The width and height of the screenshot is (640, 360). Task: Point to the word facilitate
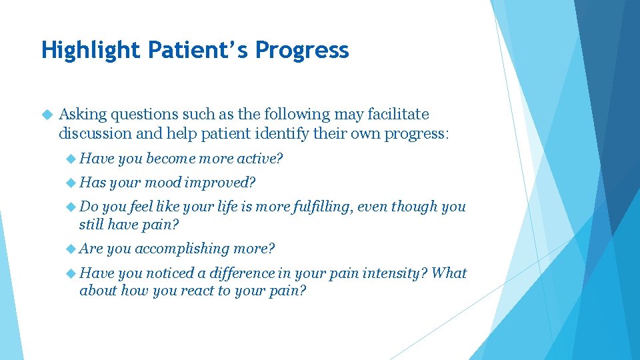(397, 115)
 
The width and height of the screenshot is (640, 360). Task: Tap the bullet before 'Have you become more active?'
(71, 159)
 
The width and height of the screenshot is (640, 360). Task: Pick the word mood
(163, 183)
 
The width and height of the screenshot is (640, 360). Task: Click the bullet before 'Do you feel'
(71, 207)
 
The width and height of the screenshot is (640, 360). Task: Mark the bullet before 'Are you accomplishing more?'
(71, 249)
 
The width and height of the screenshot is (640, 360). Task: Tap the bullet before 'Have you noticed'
(71, 273)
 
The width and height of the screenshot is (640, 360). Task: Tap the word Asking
(82, 115)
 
